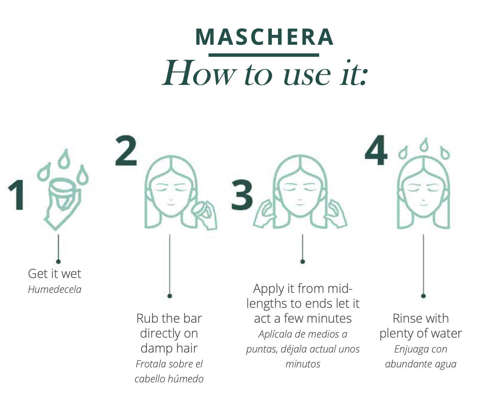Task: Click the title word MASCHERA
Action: click(x=264, y=37)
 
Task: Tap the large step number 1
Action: click(x=17, y=195)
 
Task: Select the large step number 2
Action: click(x=126, y=151)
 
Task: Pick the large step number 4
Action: click(x=376, y=150)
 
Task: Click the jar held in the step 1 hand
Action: click(x=63, y=191)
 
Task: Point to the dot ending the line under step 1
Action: click(x=58, y=261)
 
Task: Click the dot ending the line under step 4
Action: click(x=423, y=296)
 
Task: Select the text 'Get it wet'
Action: click(x=54, y=274)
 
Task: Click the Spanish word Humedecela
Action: click(x=54, y=289)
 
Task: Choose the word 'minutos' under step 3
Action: click(x=303, y=364)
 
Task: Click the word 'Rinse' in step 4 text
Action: click(x=407, y=318)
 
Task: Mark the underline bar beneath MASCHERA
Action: click(x=264, y=55)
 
